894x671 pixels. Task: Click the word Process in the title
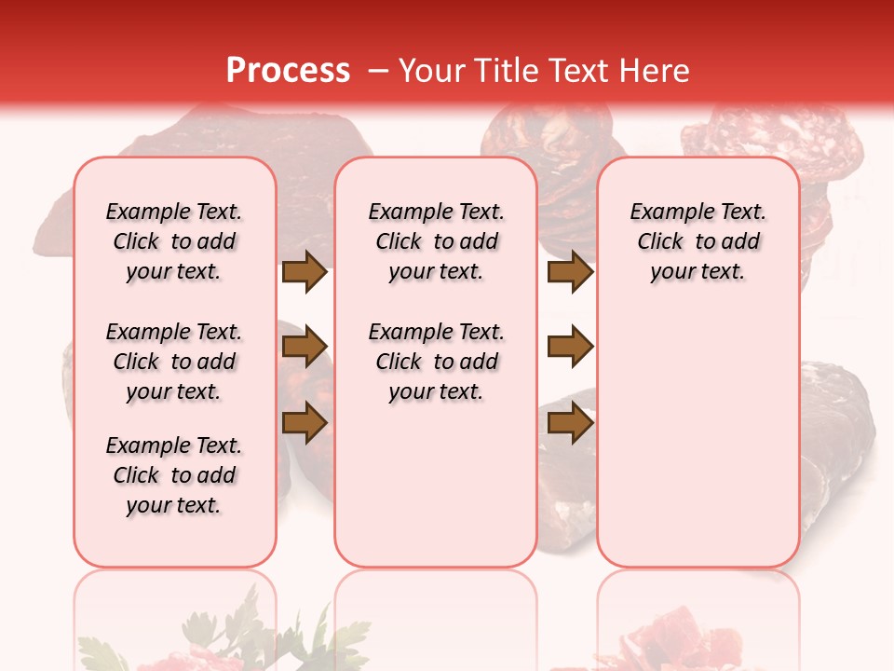pyautogui.click(x=288, y=70)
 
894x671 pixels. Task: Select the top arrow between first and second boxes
pyautogui.click(x=305, y=272)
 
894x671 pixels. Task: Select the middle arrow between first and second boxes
pyautogui.click(x=305, y=348)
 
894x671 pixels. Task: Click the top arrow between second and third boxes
pyautogui.click(x=570, y=272)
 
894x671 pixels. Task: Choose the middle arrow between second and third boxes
pyautogui.click(x=570, y=348)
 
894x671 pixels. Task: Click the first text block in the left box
pyautogui.click(x=174, y=241)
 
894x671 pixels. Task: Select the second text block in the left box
pyautogui.click(x=174, y=362)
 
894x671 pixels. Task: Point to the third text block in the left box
pyautogui.click(x=174, y=475)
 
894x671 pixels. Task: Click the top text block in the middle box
pyautogui.click(x=437, y=241)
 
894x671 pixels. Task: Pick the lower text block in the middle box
pyautogui.click(x=437, y=362)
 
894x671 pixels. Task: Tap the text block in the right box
pyautogui.click(x=698, y=241)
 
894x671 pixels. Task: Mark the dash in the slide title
pyautogui.click(x=378, y=70)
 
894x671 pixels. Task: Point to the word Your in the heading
pyautogui.click(x=431, y=70)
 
